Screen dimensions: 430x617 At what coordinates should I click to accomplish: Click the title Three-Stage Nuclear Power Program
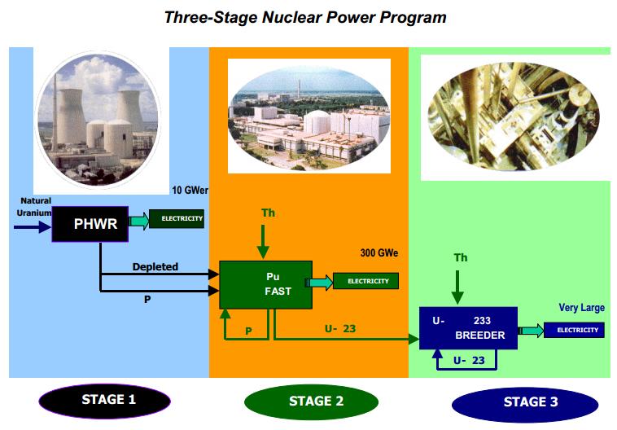tap(304, 16)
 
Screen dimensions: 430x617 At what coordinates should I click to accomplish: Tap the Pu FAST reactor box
tap(266, 284)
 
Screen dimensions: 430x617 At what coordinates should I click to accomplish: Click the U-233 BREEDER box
tap(468, 327)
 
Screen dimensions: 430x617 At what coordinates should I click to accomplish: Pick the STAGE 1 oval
tap(103, 400)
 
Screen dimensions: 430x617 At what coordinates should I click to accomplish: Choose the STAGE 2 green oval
tap(310, 401)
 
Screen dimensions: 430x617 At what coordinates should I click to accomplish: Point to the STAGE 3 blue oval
tap(524, 401)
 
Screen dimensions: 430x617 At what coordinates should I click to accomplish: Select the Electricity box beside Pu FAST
tap(368, 282)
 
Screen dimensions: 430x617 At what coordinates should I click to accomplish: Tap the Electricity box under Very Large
tap(575, 330)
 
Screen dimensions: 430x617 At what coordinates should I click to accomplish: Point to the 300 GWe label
tap(379, 253)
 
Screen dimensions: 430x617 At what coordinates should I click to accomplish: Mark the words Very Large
tap(581, 308)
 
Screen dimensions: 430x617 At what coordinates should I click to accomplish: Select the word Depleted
tap(155, 267)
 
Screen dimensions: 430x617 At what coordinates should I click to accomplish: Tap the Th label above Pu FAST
tap(268, 213)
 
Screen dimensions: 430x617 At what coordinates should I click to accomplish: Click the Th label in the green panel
tap(461, 258)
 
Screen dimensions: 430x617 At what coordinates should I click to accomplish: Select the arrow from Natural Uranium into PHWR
tap(33, 227)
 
